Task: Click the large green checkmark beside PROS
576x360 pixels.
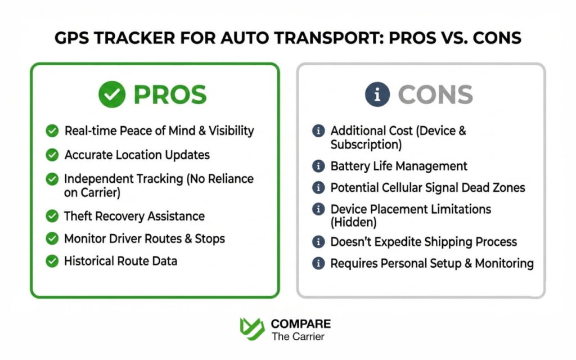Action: coord(112,95)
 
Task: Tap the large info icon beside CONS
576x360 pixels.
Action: coord(377,95)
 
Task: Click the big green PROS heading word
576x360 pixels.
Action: coord(170,95)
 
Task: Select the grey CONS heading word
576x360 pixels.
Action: coord(435,95)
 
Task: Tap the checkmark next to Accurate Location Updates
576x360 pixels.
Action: coord(52,155)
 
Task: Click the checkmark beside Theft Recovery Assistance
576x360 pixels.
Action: coord(52,216)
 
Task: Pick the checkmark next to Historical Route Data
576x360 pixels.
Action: coord(52,261)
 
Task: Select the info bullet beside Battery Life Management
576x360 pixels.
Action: coord(318,166)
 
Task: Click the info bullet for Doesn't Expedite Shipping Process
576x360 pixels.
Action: coord(318,242)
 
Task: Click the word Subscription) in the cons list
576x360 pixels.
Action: coord(366,145)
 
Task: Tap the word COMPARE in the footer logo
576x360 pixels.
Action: coord(301,324)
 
